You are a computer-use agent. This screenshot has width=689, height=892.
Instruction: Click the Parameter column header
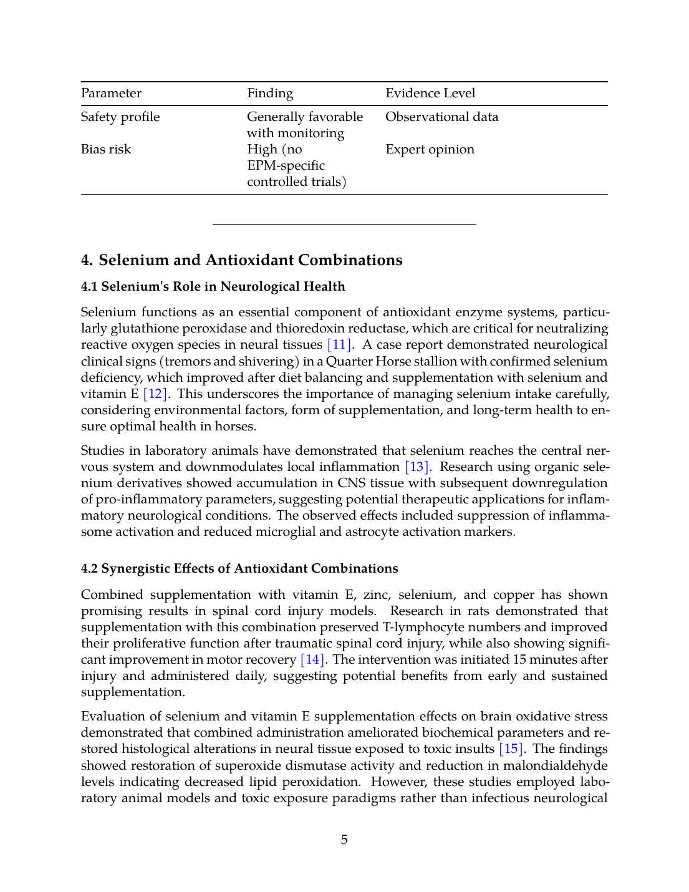coord(111,94)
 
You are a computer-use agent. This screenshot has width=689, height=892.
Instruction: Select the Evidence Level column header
coord(430,94)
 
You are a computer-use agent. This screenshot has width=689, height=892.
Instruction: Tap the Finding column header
coord(270,94)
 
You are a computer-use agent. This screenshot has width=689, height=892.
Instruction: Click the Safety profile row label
coord(120,117)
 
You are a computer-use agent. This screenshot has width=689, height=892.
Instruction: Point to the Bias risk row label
coord(106,150)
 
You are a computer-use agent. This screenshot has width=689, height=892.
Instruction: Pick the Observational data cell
coord(441,117)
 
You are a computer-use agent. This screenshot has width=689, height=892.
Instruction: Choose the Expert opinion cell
coord(430,150)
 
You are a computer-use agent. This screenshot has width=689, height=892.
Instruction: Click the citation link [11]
coord(339,345)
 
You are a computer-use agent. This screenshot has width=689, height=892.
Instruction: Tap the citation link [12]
coord(155,394)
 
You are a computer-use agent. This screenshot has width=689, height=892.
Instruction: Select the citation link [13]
coord(417,467)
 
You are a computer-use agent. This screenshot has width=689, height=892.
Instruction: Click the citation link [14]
coord(312,660)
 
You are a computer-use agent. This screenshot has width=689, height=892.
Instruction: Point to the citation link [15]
coord(511,749)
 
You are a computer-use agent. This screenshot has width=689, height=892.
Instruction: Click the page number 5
coord(344,840)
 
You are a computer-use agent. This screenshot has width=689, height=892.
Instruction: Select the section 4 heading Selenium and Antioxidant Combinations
coord(242,260)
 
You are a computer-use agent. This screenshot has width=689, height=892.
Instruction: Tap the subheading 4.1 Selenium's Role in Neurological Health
coord(213,287)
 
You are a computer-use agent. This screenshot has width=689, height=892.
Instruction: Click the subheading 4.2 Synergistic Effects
coord(239,569)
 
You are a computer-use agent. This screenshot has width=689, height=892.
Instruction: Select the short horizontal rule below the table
coord(344,224)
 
